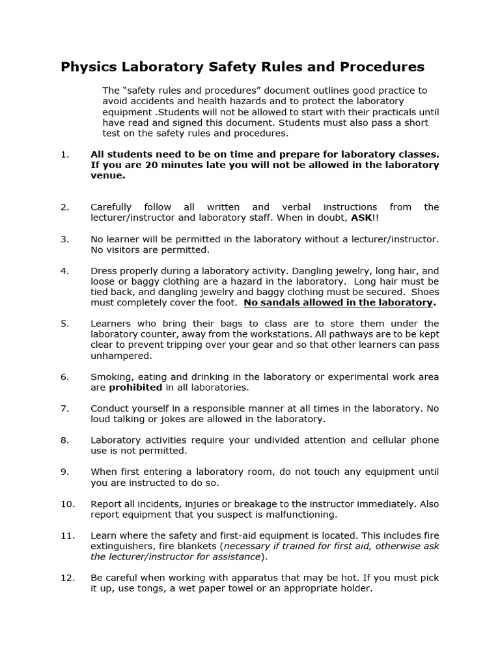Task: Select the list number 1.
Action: pyautogui.click(x=64, y=154)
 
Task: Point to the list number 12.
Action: pyautogui.click(x=68, y=578)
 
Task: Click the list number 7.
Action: pyautogui.click(x=64, y=408)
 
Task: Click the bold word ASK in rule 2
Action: pyautogui.click(x=363, y=218)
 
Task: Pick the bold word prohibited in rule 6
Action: pyautogui.click(x=135, y=388)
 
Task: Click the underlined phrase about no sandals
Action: pyautogui.click(x=339, y=302)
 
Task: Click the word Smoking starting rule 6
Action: pyautogui.click(x=112, y=377)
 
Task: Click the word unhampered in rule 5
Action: pyautogui.click(x=121, y=356)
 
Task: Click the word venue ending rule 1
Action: pyautogui.click(x=107, y=175)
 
